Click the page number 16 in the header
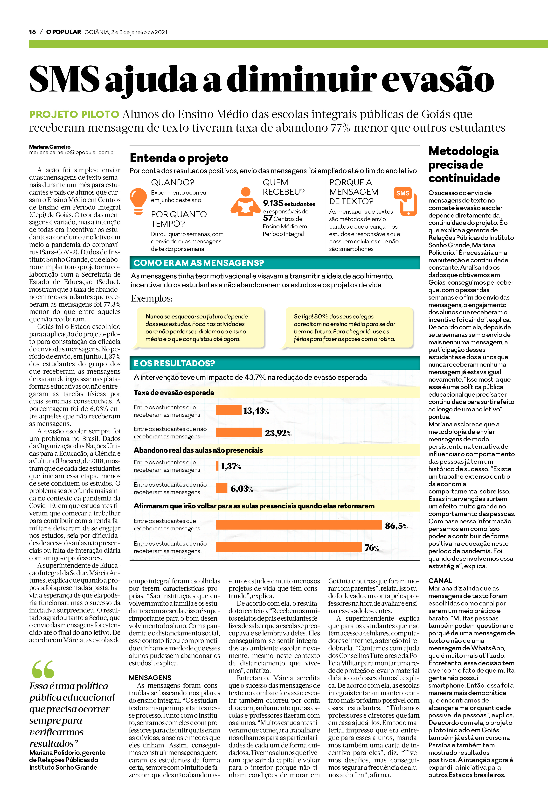click(x=32, y=32)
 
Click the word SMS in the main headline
click(x=64, y=79)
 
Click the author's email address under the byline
click(x=72, y=152)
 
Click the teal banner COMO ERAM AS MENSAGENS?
click(x=275, y=263)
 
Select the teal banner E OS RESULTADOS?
click(x=275, y=363)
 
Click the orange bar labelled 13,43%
click(x=228, y=410)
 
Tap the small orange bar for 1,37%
click(x=217, y=465)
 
